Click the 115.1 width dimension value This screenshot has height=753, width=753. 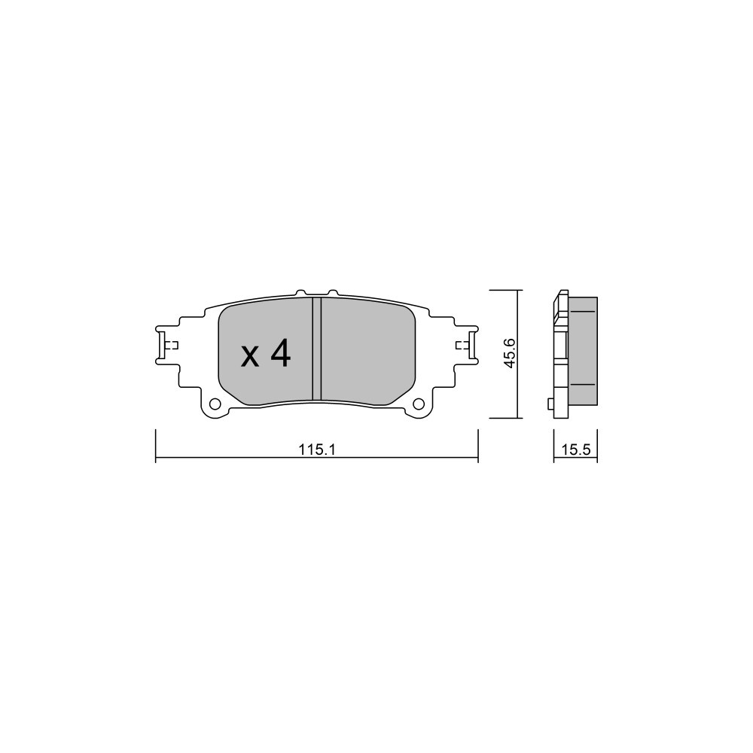pyautogui.click(x=316, y=450)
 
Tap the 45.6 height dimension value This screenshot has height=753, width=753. pyautogui.click(x=510, y=353)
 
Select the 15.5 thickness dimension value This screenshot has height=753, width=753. pyautogui.click(x=576, y=450)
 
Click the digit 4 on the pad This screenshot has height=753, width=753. pyautogui.click(x=280, y=353)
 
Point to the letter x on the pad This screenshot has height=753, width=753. pyautogui.click(x=250, y=357)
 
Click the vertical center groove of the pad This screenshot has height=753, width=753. pyautogui.click(x=316, y=349)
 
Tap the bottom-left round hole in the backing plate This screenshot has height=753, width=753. pyautogui.click(x=215, y=404)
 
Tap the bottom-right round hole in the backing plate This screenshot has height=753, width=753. pyautogui.click(x=419, y=404)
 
